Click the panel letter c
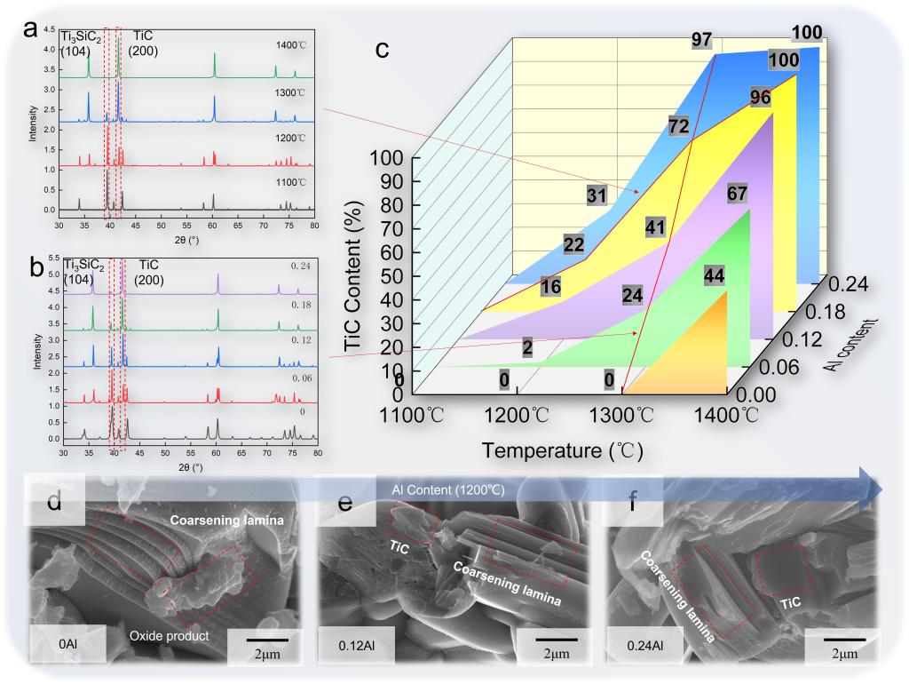click(x=383, y=49)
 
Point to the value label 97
click(x=703, y=39)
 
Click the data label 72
click(x=678, y=126)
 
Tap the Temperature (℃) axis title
click(x=562, y=450)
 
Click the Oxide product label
click(x=170, y=635)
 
